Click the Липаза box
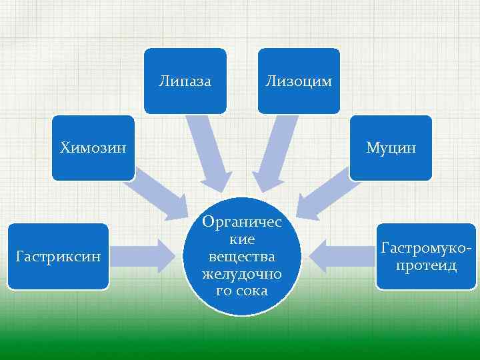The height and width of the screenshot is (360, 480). pos(185,81)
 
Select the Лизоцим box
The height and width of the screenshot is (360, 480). pos(299,81)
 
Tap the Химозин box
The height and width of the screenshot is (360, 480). pos(93,147)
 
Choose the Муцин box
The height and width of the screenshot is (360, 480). pos(391,147)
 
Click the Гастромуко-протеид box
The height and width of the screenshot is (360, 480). pos(427,256)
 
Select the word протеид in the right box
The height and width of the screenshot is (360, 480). pos(427,265)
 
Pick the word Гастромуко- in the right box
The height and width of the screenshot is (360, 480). pos(427,249)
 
